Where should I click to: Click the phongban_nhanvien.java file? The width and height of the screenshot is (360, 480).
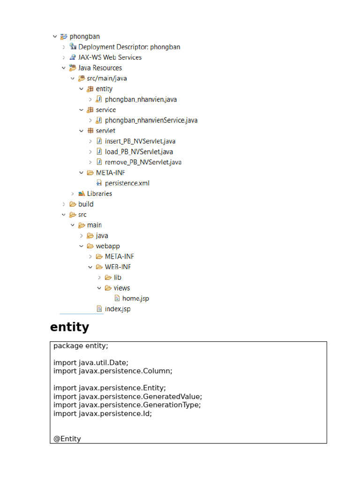[x=141, y=99]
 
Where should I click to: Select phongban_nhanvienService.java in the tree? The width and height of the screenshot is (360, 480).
[x=151, y=120]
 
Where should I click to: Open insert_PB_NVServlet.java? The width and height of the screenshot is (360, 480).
[x=140, y=141]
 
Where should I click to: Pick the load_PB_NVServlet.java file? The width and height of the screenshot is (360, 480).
[x=139, y=151]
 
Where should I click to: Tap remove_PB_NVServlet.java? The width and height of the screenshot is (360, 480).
[x=143, y=162]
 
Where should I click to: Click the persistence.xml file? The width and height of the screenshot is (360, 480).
[x=127, y=183]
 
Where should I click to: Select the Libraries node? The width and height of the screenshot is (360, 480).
[x=99, y=194]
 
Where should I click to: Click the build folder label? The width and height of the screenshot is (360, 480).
[x=86, y=204]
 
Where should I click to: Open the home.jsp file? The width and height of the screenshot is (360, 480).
[x=135, y=299]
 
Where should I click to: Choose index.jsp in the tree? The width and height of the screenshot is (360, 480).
[x=118, y=309]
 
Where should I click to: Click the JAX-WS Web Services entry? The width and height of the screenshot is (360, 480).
[x=110, y=57]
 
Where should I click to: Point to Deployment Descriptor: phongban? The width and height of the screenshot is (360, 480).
[x=129, y=47]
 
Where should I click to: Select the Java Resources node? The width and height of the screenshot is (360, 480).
[x=100, y=67]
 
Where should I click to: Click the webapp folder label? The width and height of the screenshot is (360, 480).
[x=108, y=246]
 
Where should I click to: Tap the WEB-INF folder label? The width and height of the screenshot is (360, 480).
[x=118, y=267]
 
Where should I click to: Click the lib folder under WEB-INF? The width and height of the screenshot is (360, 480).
[x=118, y=277]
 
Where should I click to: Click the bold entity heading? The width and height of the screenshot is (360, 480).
[x=69, y=327]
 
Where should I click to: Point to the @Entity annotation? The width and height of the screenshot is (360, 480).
[x=67, y=439]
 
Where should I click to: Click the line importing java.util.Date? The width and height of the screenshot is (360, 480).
[x=91, y=363]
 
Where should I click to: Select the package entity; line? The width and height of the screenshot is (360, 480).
[x=81, y=346]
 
